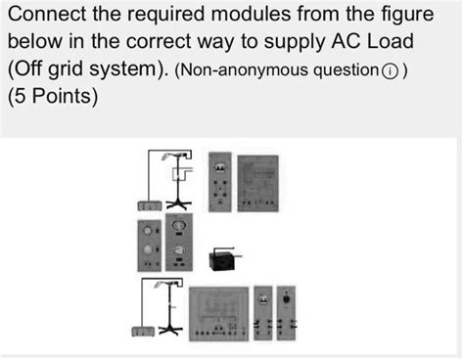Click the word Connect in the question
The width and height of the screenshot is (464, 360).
click(51, 17)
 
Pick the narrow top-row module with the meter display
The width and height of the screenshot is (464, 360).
click(221, 182)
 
